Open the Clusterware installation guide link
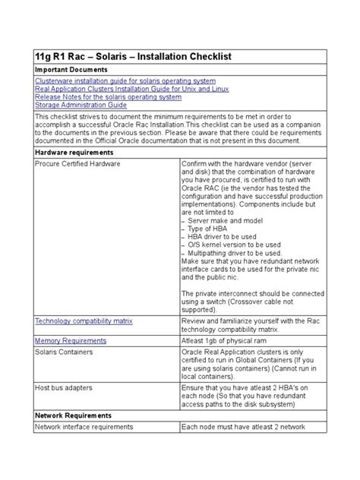tap(125, 81)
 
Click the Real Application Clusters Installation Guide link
tap(131, 90)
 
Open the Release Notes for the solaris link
tap(109, 97)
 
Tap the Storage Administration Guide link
tap(81, 106)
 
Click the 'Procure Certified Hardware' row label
tap(78, 164)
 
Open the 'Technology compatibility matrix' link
tap(88, 322)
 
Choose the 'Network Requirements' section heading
tap(74, 416)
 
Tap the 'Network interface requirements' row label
tap(84, 428)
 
